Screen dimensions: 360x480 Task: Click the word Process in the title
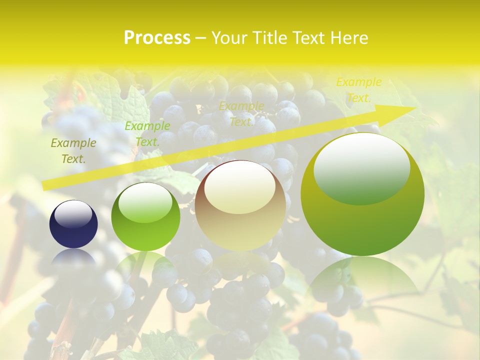click(x=157, y=38)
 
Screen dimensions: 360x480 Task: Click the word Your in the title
click(x=228, y=38)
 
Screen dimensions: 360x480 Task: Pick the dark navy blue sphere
click(x=73, y=224)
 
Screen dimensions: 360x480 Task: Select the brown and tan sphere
click(x=240, y=205)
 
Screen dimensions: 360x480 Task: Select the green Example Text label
click(x=147, y=133)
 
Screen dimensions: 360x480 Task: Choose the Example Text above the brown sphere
click(x=241, y=113)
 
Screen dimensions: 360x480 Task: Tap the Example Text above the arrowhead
click(x=358, y=90)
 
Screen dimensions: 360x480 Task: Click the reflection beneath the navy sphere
click(x=73, y=257)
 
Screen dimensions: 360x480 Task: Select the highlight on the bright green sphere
click(x=145, y=202)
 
